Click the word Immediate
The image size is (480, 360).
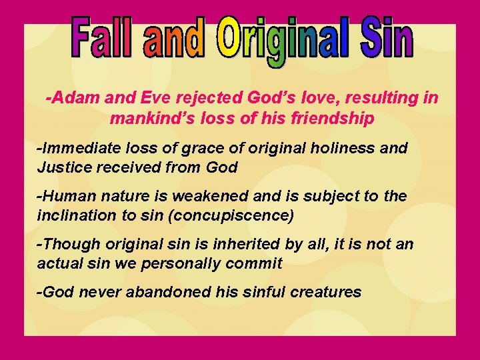77,148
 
